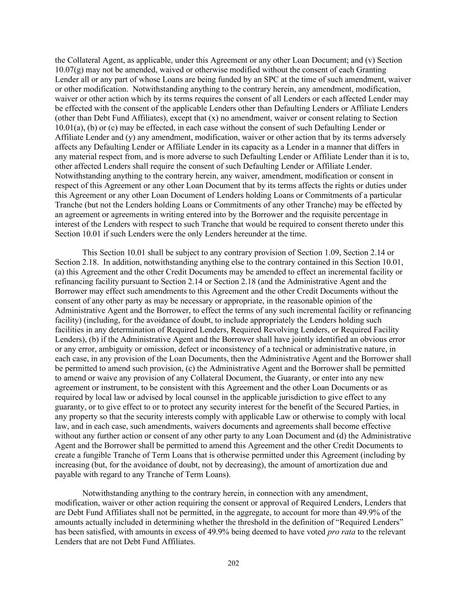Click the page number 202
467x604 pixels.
click(233, 563)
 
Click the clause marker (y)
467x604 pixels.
click(131, 137)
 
